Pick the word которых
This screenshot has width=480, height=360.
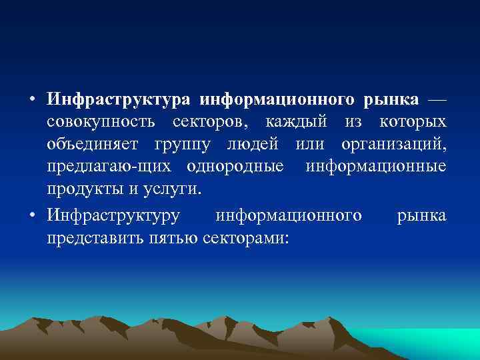pos(413,123)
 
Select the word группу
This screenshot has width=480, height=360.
pos(180,145)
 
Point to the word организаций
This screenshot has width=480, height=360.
pos(393,145)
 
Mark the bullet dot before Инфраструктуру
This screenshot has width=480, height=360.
pos(32,215)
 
